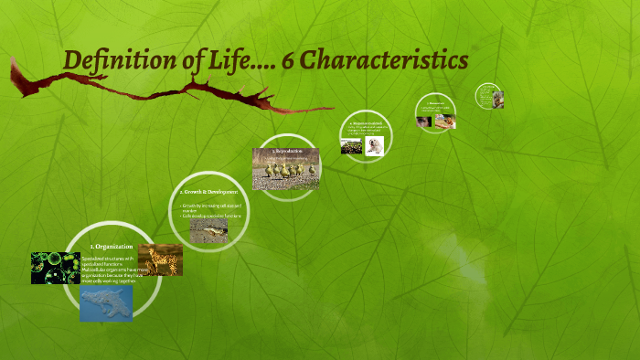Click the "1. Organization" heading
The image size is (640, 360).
pyautogui.click(x=112, y=247)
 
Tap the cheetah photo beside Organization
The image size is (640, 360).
pyautogui.click(x=161, y=260)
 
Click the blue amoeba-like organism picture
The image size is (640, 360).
pyautogui.click(x=106, y=304)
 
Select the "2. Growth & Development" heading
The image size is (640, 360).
pyautogui.click(x=209, y=192)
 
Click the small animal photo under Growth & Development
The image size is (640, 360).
pyautogui.click(x=208, y=230)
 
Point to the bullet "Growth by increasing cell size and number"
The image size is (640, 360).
pyautogui.click(x=211, y=208)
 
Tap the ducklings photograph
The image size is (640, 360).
pyautogui.click(x=285, y=171)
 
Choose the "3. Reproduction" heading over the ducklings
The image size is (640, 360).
pyautogui.click(x=286, y=151)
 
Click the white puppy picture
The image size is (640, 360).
pyautogui.click(x=373, y=146)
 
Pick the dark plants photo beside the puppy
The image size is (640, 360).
pyautogui.click(x=351, y=146)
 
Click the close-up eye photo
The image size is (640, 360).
pyautogui.click(x=424, y=122)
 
